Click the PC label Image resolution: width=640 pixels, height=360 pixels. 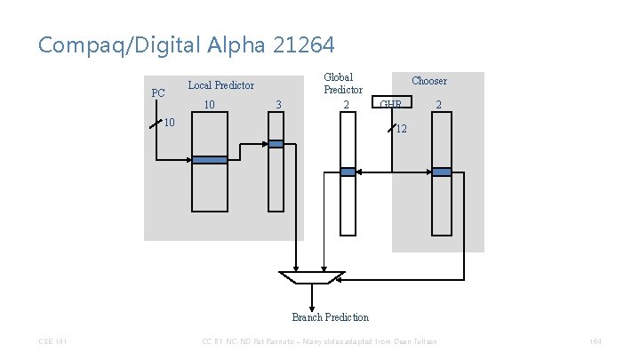[x=158, y=92]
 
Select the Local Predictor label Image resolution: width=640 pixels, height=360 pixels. [x=220, y=85]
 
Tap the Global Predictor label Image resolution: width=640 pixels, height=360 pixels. [x=343, y=84]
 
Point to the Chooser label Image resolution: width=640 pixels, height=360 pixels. [x=429, y=81]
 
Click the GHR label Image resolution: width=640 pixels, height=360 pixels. [x=390, y=106]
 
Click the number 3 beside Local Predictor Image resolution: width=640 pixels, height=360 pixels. [x=278, y=105]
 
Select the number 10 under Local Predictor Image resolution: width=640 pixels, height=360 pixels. [x=210, y=105]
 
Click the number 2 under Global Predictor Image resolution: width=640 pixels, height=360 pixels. [x=347, y=105]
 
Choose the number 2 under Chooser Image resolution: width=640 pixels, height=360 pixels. [x=437, y=105]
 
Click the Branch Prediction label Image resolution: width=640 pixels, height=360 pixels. [x=330, y=317]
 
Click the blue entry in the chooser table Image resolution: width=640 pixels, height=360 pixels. [x=441, y=172]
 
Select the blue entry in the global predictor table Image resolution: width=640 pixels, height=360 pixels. [x=348, y=172]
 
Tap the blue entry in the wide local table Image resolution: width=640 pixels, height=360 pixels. [x=210, y=160]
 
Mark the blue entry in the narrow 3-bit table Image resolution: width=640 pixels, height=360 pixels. [x=276, y=144]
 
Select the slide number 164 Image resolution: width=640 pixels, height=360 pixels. [x=595, y=342]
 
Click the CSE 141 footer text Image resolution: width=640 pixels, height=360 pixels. [x=52, y=342]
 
